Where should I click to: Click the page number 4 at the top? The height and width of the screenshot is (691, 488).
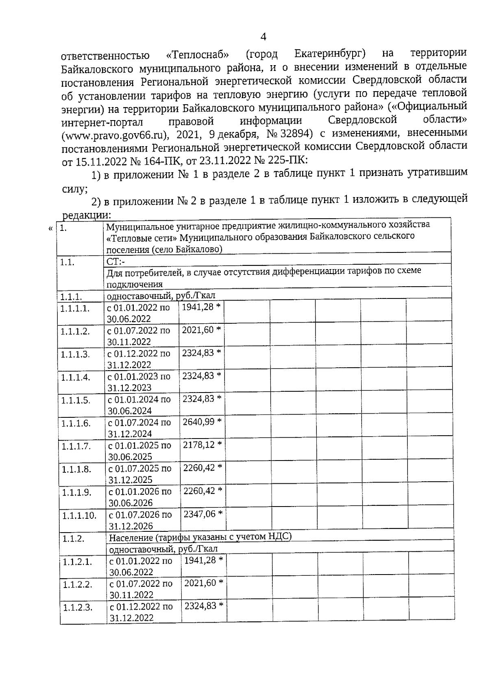[x=263, y=37]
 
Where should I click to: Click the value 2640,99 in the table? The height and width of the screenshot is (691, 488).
[x=198, y=422]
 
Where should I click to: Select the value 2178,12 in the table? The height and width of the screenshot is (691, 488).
[x=198, y=445]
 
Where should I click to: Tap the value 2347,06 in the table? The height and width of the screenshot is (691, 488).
[x=199, y=514]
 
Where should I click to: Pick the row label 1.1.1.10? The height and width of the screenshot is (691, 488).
[x=79, y=516]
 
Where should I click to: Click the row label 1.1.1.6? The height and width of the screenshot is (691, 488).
[x=76, y=423]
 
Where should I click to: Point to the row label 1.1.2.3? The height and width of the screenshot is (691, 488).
[x=77, y=608]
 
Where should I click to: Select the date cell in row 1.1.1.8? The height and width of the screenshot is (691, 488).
[x=139, y=474]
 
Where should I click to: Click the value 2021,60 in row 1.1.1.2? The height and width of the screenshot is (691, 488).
[x=197, y=330]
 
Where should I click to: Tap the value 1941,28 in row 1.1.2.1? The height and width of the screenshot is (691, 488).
[x=200, y=560]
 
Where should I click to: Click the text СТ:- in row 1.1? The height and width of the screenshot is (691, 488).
[x=115, y=262]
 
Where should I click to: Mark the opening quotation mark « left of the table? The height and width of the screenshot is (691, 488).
[x=50, y=228]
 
